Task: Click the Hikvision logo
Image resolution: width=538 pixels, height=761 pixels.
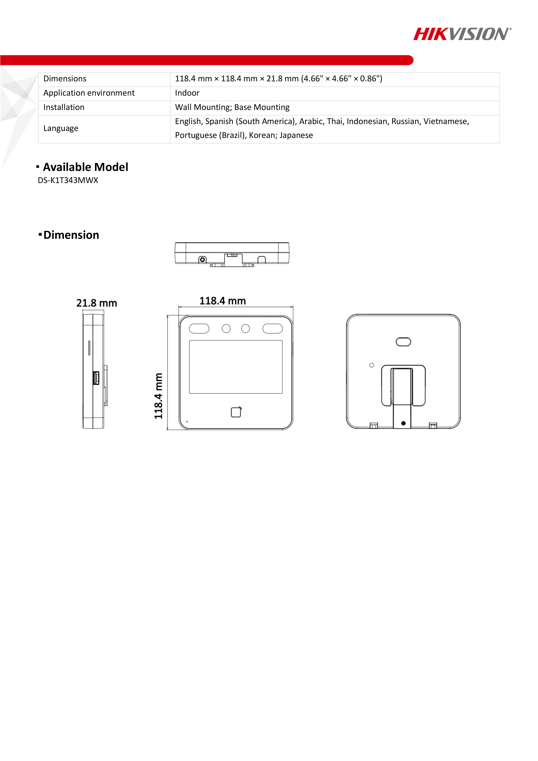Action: pos(462,34)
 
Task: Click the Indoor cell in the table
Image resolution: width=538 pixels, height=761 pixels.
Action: pos(187,93)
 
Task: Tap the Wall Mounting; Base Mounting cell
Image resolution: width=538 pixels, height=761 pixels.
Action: pos(232,107)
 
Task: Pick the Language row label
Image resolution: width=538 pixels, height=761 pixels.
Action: pos(61,128)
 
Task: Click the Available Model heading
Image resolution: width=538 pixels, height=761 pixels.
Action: pos(85,167)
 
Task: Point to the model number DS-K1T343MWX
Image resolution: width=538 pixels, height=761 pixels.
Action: pos(68,180)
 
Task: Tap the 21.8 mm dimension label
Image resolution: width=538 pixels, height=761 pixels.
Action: pos(96,303)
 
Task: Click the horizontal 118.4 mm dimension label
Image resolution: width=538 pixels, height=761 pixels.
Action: pos(222,301)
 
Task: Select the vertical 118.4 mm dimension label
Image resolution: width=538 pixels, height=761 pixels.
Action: pos(159,396)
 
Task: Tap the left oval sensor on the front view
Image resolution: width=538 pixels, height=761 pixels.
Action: pos(199,329)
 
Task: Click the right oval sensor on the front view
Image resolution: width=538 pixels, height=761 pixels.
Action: pos(273,329)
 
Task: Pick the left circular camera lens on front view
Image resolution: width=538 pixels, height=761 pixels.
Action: pos(226,329)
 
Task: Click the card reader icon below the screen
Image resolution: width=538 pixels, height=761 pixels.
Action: pos(236,412)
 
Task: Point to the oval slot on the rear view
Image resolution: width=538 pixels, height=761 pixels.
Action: pos(403,342)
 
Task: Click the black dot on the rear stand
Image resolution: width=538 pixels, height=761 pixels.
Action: pos(403,423)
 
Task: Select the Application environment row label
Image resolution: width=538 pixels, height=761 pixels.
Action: pos(89,93)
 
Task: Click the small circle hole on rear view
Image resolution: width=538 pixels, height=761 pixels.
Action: pos(372,365)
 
